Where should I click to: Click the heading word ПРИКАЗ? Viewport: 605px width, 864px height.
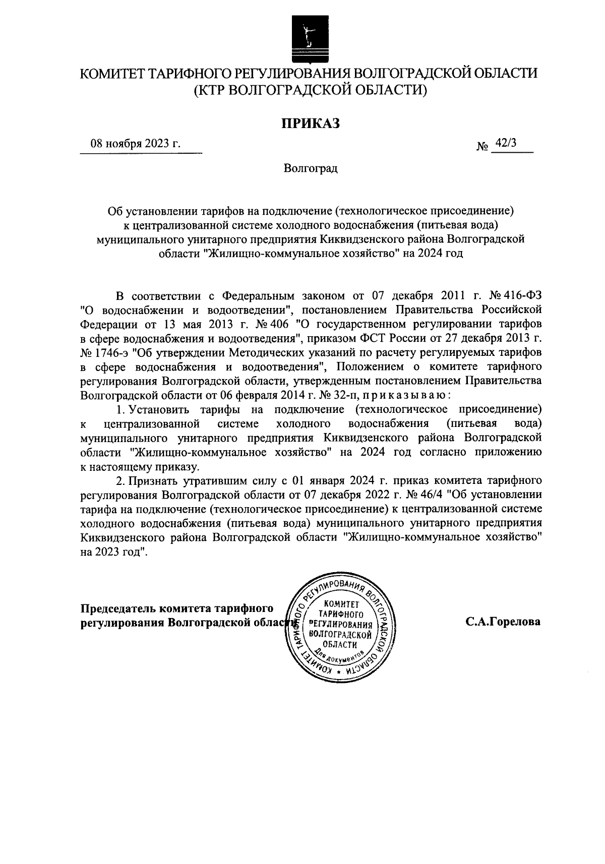pyautogui.click(x=310, y=123)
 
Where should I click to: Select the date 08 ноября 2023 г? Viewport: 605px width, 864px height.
pyautogui.click(x=135, y=143)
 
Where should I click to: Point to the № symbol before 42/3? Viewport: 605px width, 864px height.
pyautogui.click(x=482, y=147)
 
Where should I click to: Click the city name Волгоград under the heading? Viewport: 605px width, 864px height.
pyautogui.click(x=310, y=168)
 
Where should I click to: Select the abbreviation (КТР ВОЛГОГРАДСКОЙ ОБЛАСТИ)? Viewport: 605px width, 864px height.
pyautogui.click(x=310, y=90)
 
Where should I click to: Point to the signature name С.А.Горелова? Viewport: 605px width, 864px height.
pyautogui.click(x=503, y=622)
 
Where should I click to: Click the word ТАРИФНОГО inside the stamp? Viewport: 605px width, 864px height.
pyautogui.click(x=341, y=614)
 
